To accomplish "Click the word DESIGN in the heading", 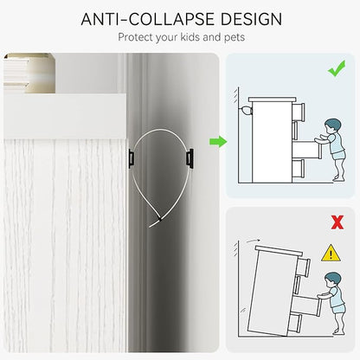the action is (251, 19).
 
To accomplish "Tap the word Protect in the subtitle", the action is (136, 37).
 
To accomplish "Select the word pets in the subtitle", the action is (235, 38).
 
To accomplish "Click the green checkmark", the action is (337, 68).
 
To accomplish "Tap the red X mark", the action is (337, 222).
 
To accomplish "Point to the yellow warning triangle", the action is (331, 253).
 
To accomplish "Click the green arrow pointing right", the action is (218, 141).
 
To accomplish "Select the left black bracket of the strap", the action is (131, 158).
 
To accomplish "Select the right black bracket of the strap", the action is (190, 158).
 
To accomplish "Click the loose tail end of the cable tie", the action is (153, 224).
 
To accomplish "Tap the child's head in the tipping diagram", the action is (332, 279).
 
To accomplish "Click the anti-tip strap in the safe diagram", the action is (245, 110).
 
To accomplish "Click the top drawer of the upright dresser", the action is (299, 112).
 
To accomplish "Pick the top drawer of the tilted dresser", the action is (303, 267).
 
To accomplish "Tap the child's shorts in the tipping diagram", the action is (338, 308).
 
